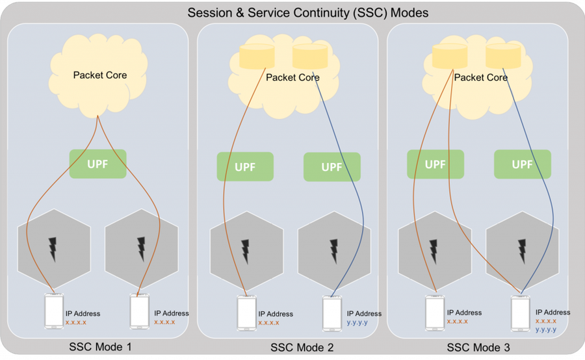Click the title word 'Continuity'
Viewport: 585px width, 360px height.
(x=318, y=13)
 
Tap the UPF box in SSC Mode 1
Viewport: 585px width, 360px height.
(x=97, y=164)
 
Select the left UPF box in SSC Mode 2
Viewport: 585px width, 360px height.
(x=245, y=166)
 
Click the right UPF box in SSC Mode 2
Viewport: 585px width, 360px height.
(x=332, y=167)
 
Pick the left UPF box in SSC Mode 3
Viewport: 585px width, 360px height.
(x=435, y=164)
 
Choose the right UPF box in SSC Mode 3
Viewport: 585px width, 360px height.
(x=523, y=164)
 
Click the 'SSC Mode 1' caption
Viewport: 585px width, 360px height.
(x=100, y=347)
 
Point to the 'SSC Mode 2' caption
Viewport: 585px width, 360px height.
(x=302, y=348)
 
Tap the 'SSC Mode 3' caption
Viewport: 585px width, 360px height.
(x=478, y=348)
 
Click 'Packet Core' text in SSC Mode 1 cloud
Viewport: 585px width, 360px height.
(x=100, y=75)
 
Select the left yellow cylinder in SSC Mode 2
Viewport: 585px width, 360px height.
(x=257, y=57)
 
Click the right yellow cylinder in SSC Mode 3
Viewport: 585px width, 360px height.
(x=503, y=56)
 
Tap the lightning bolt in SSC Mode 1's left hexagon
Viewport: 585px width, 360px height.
(x=53, y=249)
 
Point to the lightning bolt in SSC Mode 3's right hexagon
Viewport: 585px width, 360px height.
(x=523, y=251)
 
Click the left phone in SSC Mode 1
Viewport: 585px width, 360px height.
(x=54, y=311)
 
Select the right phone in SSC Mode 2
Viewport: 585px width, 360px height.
(x=332, y=313)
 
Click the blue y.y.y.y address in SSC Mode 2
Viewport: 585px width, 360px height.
(x=357, y=322)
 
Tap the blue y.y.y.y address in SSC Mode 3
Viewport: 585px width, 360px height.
(x=546, y=329)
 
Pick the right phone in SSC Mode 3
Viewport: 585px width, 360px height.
(x=521, y=313)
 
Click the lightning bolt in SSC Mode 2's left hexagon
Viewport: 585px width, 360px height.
(x=245, y=251)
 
